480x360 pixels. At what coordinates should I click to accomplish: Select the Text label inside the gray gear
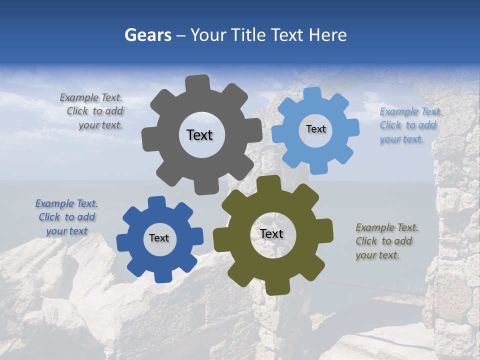click(199, 135)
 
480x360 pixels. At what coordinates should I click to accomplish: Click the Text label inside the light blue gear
click(315, 129)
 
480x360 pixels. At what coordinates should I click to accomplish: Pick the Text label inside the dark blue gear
click(159, 238)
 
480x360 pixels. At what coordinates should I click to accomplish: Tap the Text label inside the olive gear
click(271, 233)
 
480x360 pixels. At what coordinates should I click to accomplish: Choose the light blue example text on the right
click(410, 125)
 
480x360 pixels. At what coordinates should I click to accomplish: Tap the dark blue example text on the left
click(66, 217)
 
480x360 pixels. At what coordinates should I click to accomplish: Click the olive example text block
click(386, 241)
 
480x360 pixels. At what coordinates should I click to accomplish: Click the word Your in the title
click(209, 35)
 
